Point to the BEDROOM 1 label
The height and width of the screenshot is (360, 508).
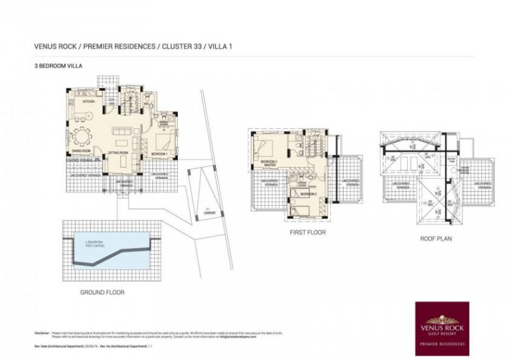click(x=159, y=154)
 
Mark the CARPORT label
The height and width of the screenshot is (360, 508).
click(x=210, y=213)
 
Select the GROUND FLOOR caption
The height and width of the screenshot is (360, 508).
click(x=102, y=293)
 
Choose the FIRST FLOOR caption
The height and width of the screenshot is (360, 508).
click(x=307, y=233)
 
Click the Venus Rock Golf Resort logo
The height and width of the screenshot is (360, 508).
click(x=441, y=328)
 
